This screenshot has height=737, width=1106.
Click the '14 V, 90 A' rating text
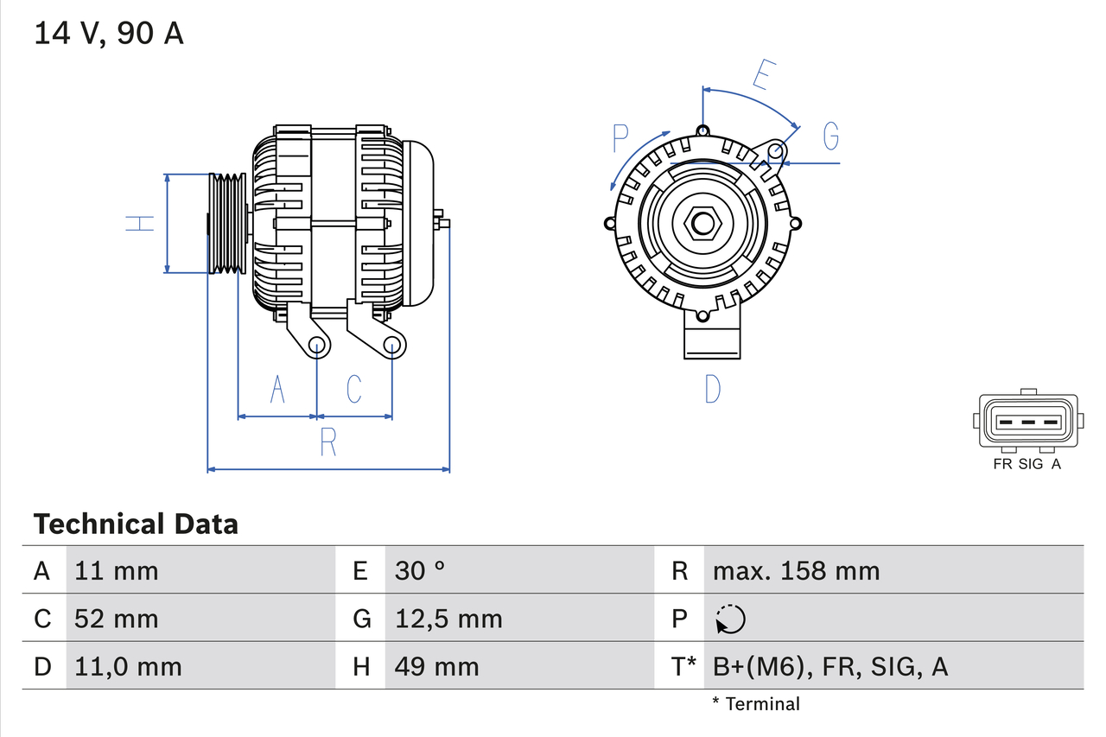click(109, 34)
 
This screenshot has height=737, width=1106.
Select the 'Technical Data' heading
click(136, 524)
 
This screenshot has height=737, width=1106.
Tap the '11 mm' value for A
click(117, 570)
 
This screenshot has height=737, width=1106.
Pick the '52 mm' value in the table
click(117, 619)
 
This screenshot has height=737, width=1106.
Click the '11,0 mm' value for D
click(128, 666)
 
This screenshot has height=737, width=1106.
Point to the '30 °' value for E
click(420, 570)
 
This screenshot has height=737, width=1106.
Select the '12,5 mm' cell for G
click(448, 619)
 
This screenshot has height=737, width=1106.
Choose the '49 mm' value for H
click(436, 666)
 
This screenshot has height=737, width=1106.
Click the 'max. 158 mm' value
click(796, 570)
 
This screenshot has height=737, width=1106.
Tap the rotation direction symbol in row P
click(730, 619)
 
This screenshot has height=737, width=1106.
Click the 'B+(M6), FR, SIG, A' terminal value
click(829, 666)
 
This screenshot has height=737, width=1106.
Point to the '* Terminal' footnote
click(756, 704)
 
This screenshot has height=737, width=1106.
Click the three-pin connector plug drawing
click(1027, 422)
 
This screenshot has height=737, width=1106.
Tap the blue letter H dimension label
click(139, 223)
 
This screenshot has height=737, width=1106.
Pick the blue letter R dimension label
click(328, 442)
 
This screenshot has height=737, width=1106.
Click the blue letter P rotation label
click(620, 138)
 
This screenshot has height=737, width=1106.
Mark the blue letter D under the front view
click(712, 390)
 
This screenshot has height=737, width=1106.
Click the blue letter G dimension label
click(830, 137)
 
